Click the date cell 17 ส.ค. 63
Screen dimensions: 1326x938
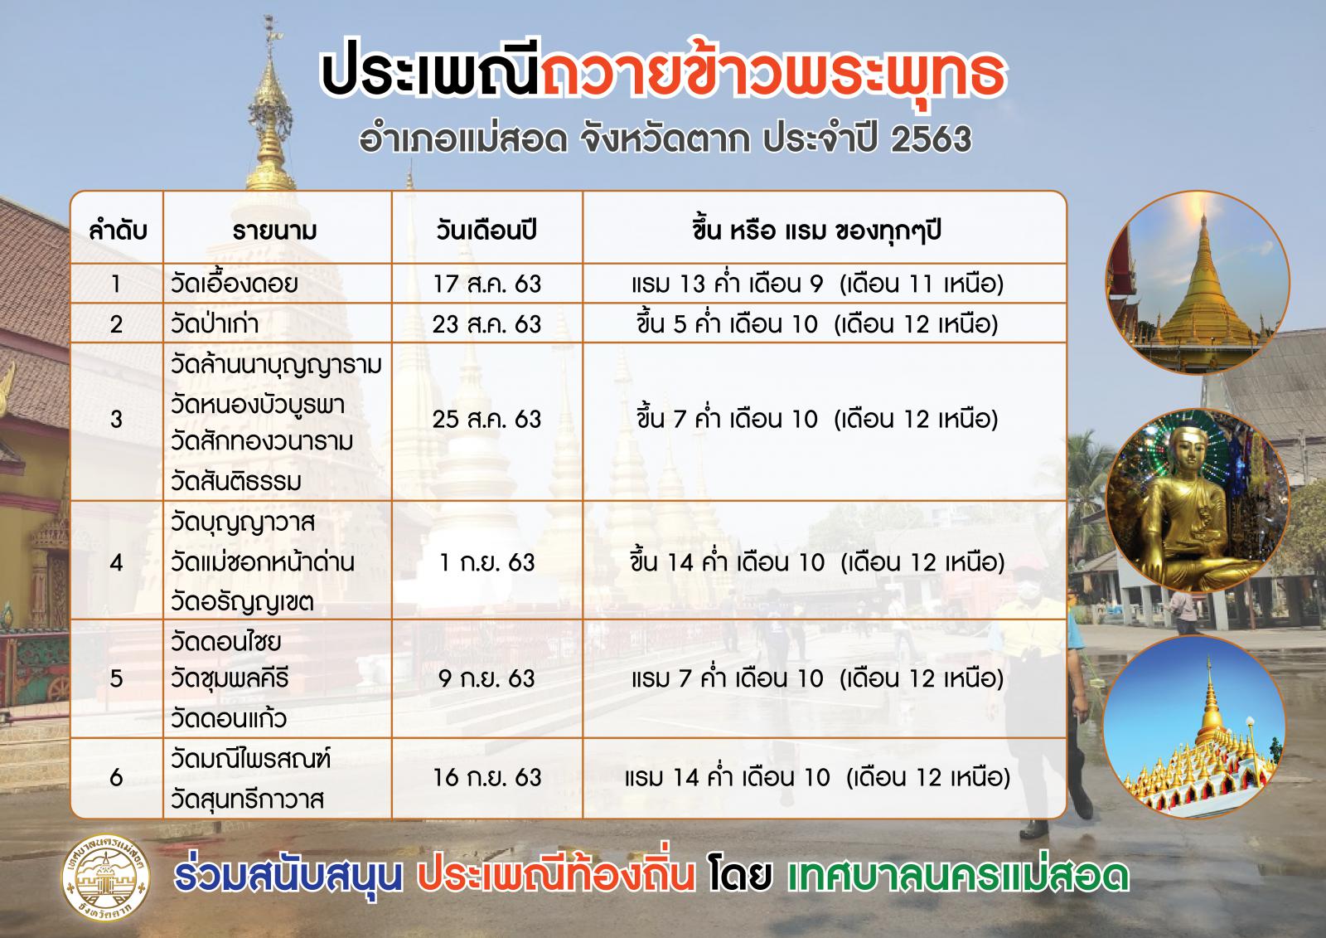coord(486,284)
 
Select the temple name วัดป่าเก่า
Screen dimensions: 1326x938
coord(215,323)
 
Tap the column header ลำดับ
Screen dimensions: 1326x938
coord(118,231)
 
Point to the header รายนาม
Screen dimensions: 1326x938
coord(274,231)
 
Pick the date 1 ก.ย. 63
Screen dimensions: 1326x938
coord(486,562)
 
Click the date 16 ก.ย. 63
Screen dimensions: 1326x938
coord(486,777)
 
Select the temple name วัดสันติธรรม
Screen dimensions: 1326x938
coord(236,480)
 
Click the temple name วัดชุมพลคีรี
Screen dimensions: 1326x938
coord(230,678)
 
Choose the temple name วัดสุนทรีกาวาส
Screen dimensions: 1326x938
coord(248,799)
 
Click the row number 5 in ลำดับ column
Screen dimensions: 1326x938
coord(116,678)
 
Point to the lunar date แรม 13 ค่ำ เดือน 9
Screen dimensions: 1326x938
coord(728,284)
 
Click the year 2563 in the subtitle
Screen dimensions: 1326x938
coord(932,139)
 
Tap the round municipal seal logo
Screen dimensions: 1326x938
coord(106,877)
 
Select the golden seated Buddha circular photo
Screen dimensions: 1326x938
coord(1197,501)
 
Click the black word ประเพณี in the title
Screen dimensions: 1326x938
coord(430,74)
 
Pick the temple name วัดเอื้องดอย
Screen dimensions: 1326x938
coord(235,284)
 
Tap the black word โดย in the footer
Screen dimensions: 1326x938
coord(741,875)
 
